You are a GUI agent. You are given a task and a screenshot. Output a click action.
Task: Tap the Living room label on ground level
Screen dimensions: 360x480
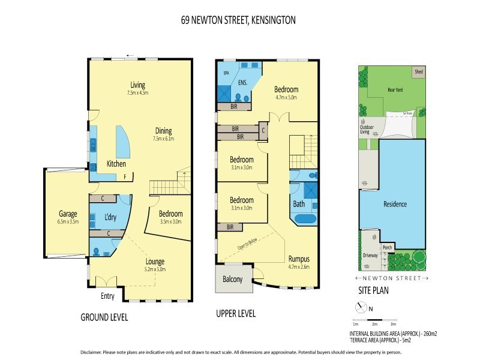coord(137,85)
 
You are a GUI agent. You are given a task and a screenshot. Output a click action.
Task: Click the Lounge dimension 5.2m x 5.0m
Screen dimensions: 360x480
coord(154,269)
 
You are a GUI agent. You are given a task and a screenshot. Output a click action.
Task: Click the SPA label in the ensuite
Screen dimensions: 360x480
coord(226,72)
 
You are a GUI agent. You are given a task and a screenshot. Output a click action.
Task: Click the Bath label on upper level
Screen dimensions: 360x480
coord(299,204)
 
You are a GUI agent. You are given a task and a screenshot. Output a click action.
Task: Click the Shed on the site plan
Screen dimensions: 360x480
coord(418,71)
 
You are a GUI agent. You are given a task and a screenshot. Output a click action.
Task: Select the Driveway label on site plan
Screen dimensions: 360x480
coord(370,255)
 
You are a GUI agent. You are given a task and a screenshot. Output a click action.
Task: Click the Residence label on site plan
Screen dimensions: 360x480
coord(395,204)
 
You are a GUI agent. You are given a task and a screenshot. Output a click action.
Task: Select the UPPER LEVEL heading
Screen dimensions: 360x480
coord(235,314)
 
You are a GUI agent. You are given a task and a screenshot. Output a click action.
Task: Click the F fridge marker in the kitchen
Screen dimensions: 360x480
coord(125,176)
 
